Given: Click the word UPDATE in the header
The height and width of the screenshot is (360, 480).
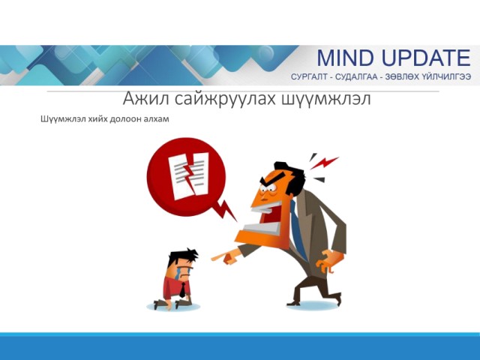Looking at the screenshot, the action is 427,58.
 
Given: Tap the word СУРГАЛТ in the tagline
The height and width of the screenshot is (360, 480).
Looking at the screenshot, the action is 309,76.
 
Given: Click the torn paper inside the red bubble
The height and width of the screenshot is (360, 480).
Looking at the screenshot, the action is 188,175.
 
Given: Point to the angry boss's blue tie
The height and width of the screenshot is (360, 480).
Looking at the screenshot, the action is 298,229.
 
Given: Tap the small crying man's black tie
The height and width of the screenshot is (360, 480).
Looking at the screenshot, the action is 182,290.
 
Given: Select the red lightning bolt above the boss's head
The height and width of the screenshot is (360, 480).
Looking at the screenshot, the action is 325,162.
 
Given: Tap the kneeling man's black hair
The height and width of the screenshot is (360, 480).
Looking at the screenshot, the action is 183,255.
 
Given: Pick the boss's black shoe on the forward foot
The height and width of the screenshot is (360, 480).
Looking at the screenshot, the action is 293,303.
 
